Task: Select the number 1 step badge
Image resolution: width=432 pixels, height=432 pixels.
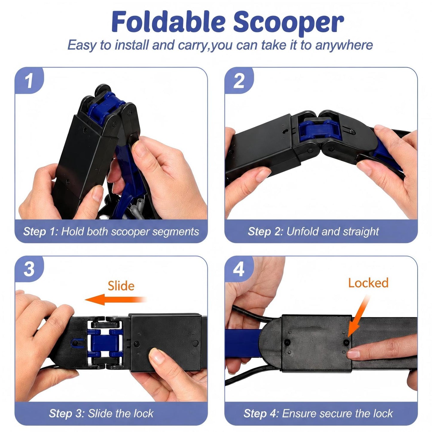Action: pos(29,80)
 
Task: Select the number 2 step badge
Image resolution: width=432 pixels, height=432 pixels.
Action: pos(239,80)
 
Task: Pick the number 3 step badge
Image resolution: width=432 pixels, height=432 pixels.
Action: pos(29,269)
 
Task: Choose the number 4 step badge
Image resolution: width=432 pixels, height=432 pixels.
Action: pos(239,269)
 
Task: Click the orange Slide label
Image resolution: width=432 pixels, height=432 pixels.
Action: pos(121,286)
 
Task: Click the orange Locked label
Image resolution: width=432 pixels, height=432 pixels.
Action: pos(368,283)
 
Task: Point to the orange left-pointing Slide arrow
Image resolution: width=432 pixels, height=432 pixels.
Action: pos(116,300)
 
